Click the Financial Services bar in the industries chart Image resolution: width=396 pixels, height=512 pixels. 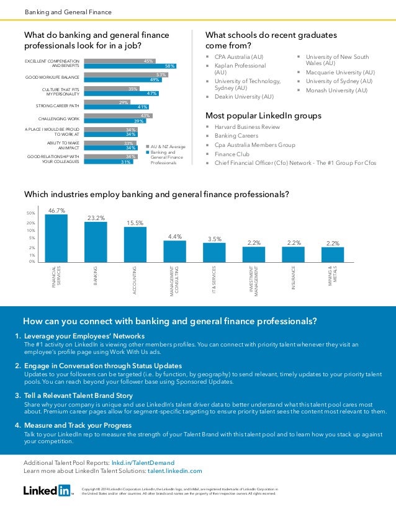[x=56, y=238]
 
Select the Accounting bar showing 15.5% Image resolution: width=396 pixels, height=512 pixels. [x=135, y=244]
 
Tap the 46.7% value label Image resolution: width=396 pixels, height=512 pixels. [x=56, y=210]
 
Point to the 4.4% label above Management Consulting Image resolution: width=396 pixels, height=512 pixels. [x=175, y=236]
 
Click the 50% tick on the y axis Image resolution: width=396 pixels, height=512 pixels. [x=30, y=213]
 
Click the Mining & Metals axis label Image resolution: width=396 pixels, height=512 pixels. [x=333, y=277]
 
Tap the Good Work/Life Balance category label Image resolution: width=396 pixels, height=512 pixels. [x=52, y=77]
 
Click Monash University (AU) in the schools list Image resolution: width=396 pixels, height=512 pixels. [x=337, y=90]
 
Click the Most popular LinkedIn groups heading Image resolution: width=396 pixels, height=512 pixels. [x=263, y=115]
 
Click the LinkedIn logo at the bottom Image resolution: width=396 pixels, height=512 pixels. [x=47, y=490]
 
